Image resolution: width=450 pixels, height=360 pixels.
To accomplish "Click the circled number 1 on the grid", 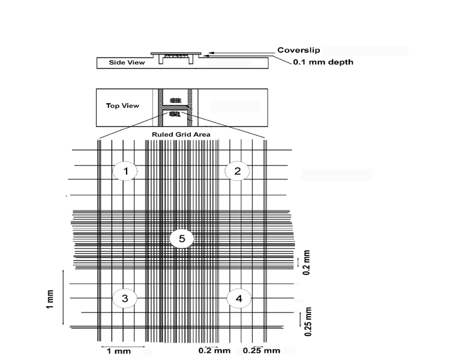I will [x=125, y=171].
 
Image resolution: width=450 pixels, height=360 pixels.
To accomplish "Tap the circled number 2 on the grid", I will [x=237, y=171].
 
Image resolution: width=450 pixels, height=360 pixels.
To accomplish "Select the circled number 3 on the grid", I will [x=125, y=298].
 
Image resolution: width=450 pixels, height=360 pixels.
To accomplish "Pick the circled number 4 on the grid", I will [x=239, y=298].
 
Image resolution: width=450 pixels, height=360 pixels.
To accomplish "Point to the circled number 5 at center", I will [x=181, y=239].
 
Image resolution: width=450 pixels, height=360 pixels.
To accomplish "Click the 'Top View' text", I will [x=123, y=106].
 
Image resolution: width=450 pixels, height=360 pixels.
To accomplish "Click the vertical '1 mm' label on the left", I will [x=50, y=299].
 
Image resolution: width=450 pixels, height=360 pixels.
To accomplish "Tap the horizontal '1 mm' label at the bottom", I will [x=115, y=350].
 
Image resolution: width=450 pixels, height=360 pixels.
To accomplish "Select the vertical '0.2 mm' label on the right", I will [x=307, y=263].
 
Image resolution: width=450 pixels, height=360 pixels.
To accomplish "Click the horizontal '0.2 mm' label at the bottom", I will [x=214, y=350].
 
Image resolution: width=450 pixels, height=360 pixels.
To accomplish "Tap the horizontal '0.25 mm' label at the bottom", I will [x=262, y=350].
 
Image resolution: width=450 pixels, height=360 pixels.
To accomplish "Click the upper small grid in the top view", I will [x=175, y=100].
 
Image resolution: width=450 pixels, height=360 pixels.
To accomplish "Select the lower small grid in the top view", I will [x=175, y=113].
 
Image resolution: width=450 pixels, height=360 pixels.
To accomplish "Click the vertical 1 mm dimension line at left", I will [x=64, y=298].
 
